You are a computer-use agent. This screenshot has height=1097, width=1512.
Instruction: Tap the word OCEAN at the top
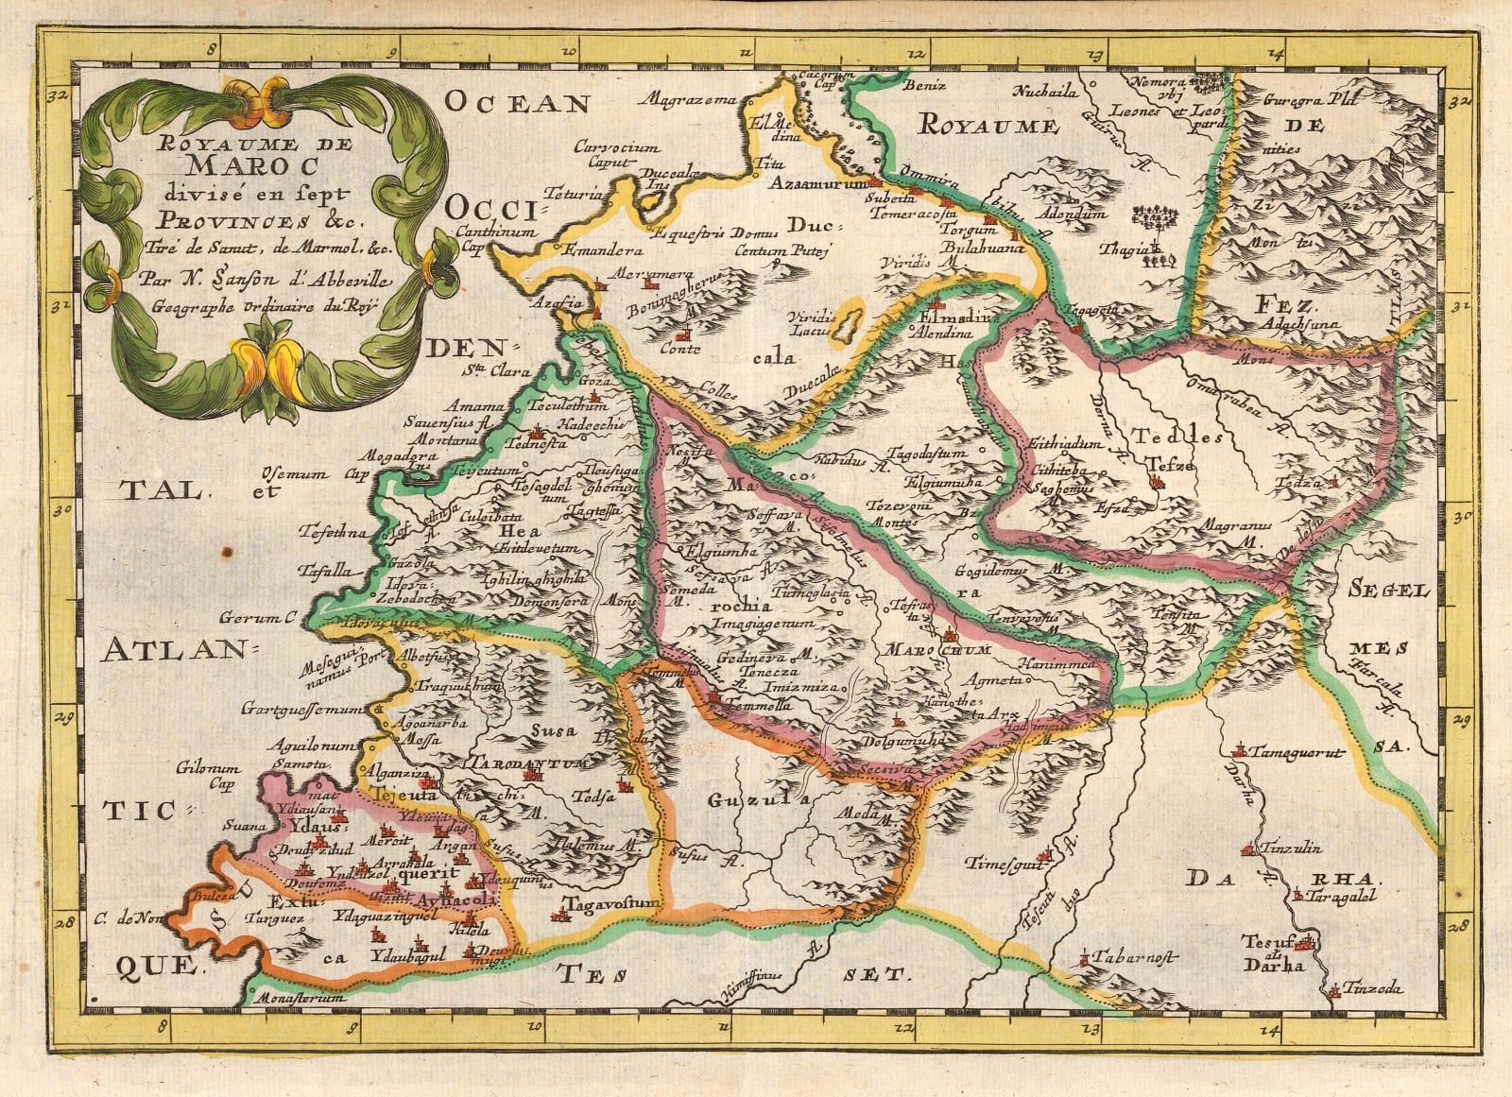click(518, 102)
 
